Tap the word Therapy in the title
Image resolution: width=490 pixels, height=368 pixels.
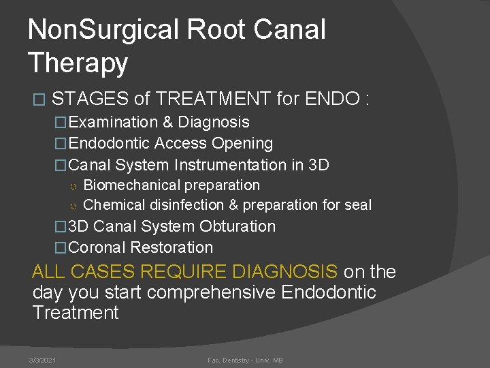click(x=78, y=63)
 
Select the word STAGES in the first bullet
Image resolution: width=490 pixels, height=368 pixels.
click(x=90, y=99)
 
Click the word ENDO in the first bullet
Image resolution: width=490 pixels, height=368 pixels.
click(x=333, y=99)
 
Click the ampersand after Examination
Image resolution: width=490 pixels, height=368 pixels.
click(x=167, y=123)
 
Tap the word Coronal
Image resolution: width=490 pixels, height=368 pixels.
click(x=97, y=247)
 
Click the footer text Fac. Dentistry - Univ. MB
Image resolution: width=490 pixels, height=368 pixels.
click(x=246, y=359)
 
